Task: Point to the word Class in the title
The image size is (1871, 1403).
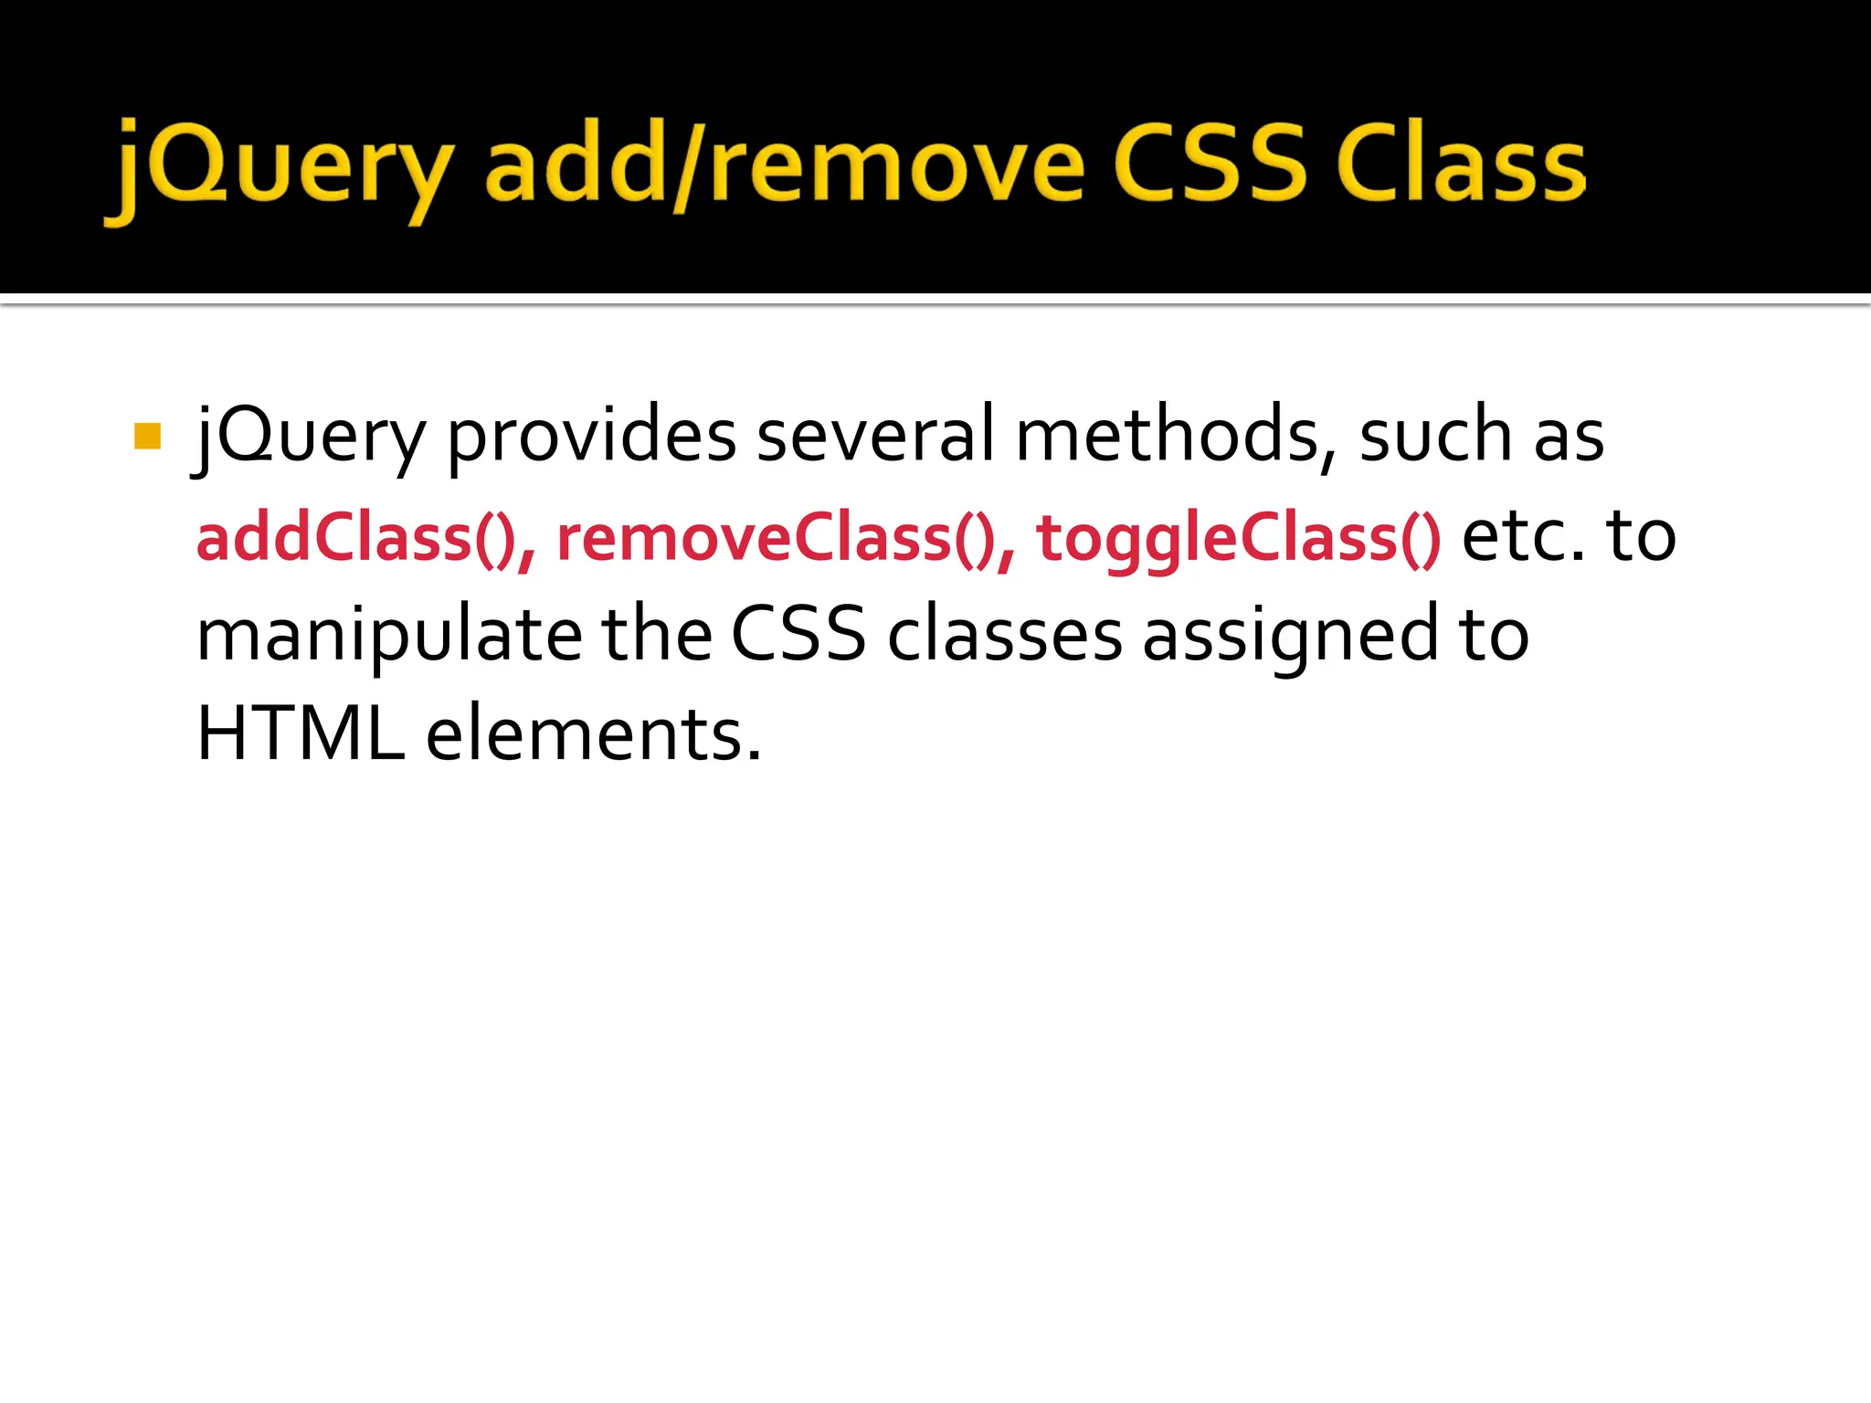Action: (x=1460, y=164)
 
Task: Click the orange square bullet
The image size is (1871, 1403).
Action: (x=147, y=437)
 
